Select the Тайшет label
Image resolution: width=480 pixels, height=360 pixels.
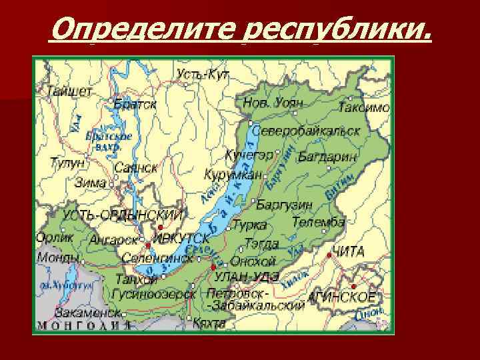[69, 91]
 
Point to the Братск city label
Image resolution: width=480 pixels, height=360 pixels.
[135, 104]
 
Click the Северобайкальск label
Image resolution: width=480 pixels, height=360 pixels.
[306, 131]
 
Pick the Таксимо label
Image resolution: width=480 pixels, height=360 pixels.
[364, 107]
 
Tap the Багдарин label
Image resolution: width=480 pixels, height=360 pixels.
[327, 157]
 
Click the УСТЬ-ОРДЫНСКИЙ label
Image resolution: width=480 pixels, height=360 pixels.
[123, 215]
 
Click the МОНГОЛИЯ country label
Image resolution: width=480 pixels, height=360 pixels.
[83, 326]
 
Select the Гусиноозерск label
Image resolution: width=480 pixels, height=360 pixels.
[150, 293]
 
